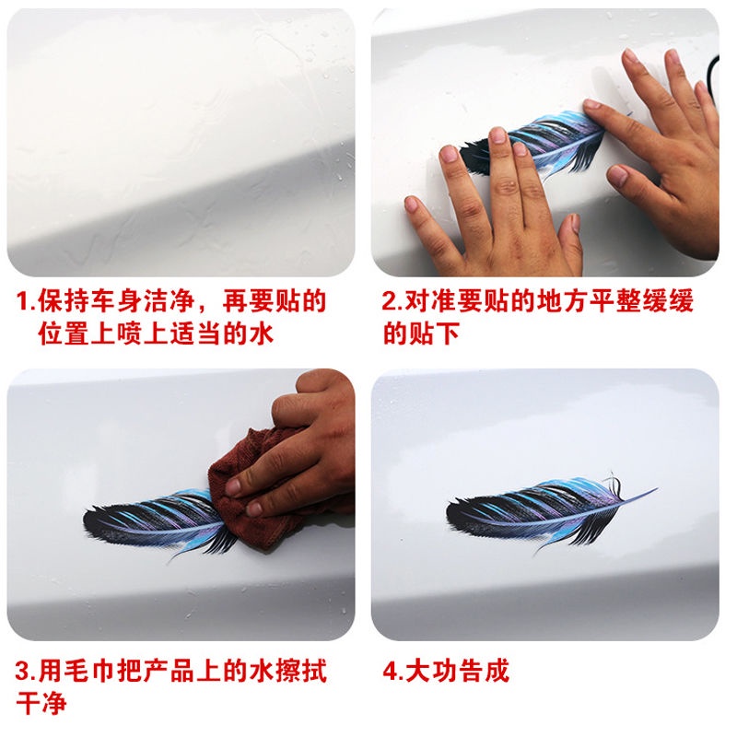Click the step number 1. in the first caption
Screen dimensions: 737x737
27,301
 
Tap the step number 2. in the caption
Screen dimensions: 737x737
392,301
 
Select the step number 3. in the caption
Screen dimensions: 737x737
26,672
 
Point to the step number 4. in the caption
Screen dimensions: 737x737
393,672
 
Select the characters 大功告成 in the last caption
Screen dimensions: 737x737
457,672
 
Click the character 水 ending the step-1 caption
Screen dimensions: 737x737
262,334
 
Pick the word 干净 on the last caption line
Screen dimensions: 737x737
41,704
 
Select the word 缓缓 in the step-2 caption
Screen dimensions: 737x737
667,301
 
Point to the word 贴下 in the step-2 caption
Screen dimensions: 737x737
434,334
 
